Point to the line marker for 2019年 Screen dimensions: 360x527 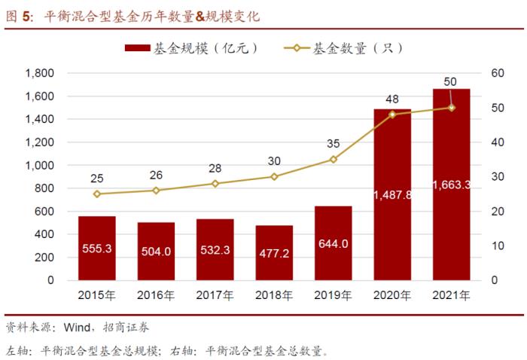pos(334,160)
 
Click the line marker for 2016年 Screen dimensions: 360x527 pos(156,191)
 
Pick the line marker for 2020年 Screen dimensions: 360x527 pos(392,114)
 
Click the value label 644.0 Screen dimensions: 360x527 pos(334,243)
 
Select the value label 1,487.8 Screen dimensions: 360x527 pos(392,194)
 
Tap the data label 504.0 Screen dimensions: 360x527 pos(156,251)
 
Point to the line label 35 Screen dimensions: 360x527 pos(334,144)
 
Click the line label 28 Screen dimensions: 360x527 pos(215,168)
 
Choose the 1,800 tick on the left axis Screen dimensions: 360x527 pos(39,73)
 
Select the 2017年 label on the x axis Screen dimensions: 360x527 pos(215,295)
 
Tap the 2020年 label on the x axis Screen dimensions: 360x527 pos(392,295)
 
